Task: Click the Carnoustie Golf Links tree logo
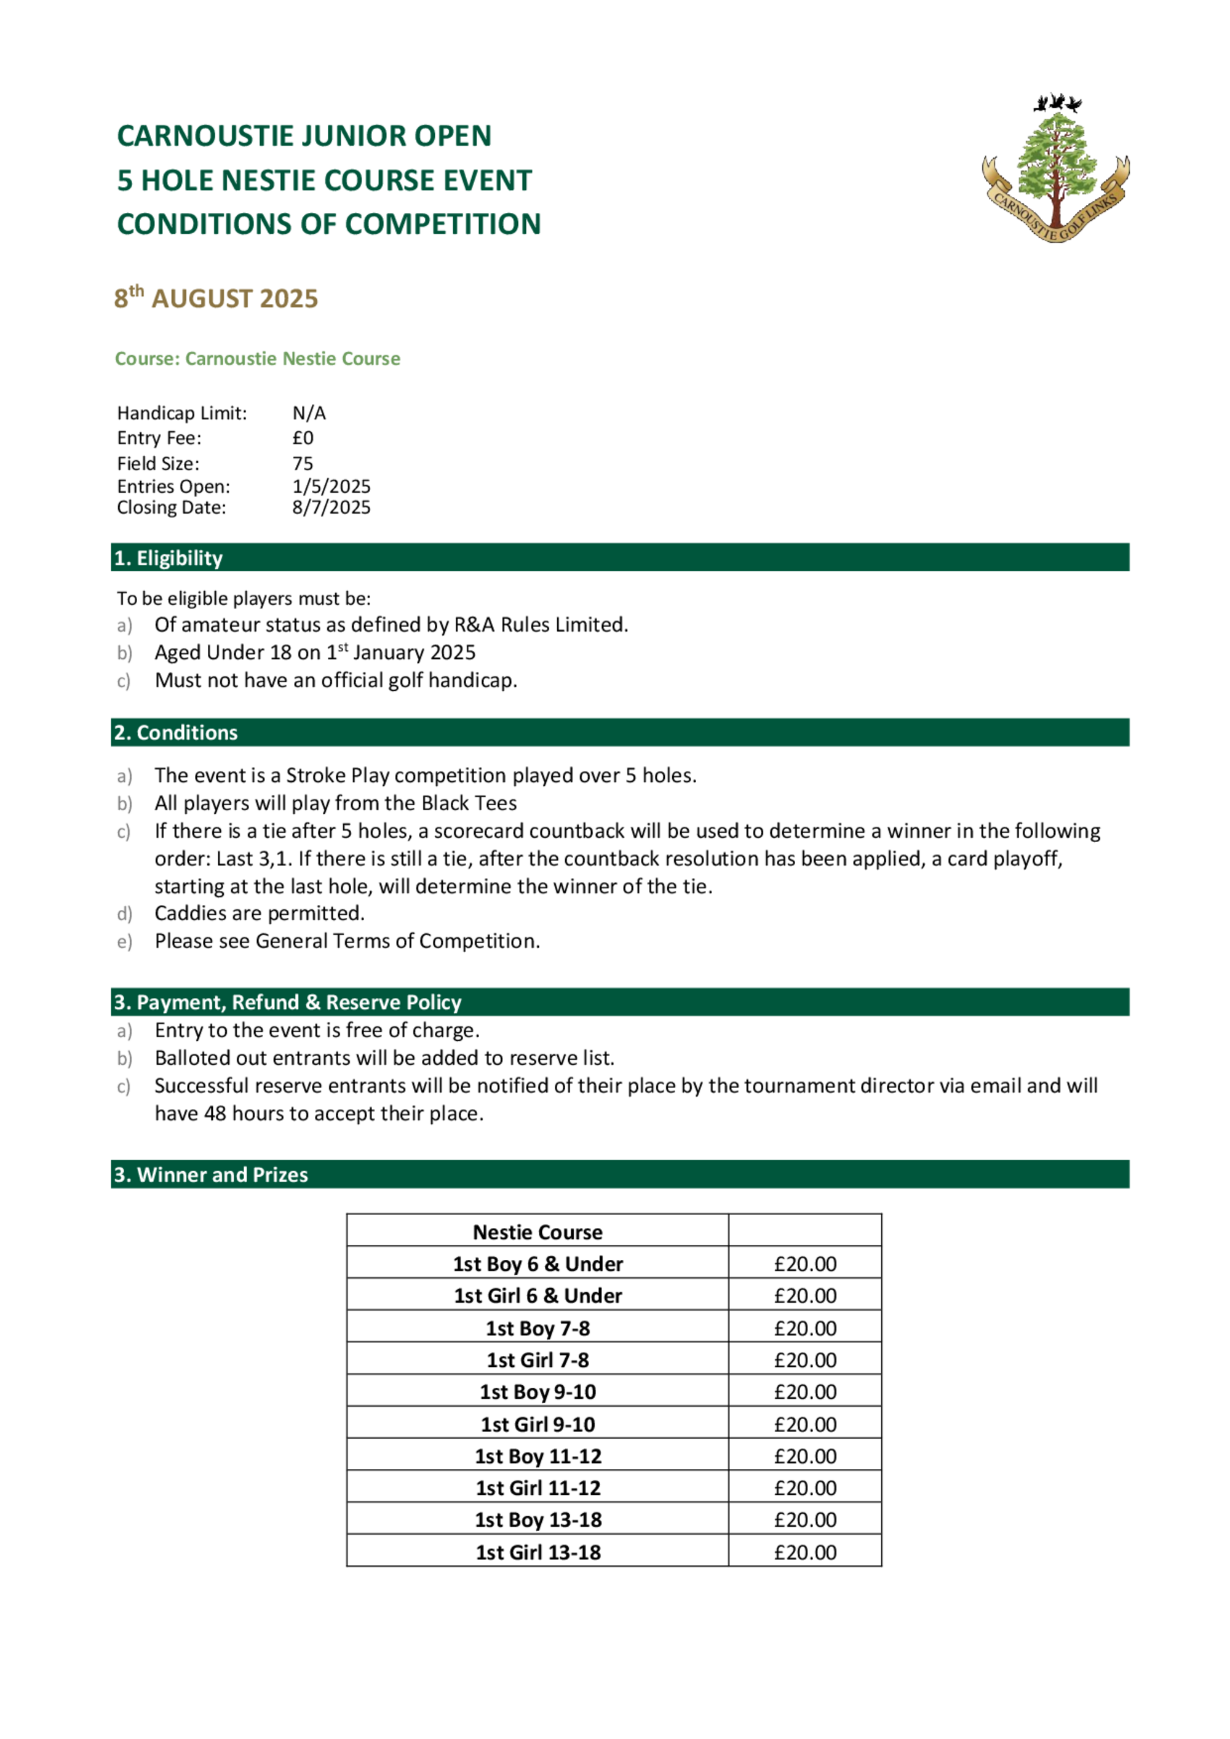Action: [1055, 168]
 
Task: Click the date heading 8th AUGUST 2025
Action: [216, 298]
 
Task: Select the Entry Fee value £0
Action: [303, 438]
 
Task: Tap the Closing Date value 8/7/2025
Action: [331, 507]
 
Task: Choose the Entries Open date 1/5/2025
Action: [331, 486]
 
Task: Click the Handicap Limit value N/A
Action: [309, 413]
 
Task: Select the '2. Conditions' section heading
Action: [176, 733]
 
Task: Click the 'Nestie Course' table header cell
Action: [538, 1232]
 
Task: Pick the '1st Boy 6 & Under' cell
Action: [538, 1264]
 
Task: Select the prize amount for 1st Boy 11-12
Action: [805, 1457]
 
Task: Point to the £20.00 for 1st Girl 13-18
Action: [805, 1553]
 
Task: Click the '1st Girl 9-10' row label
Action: [538, 1425]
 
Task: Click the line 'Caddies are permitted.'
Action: [260, 913]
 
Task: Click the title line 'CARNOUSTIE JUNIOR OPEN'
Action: [304, 137]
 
